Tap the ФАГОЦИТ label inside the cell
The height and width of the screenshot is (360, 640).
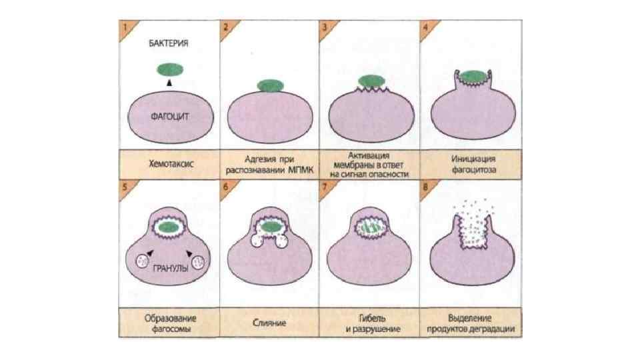169,115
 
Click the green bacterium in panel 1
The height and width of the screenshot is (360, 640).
170,69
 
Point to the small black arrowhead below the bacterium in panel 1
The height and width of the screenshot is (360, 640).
169,82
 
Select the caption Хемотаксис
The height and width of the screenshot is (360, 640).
169,163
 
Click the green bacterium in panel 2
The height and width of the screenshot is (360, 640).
270,85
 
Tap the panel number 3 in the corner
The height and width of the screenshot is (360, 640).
325,27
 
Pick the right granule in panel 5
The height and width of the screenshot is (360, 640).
199,262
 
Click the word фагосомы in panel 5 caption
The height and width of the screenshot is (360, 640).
169,328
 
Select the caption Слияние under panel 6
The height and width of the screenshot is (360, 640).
269,323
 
